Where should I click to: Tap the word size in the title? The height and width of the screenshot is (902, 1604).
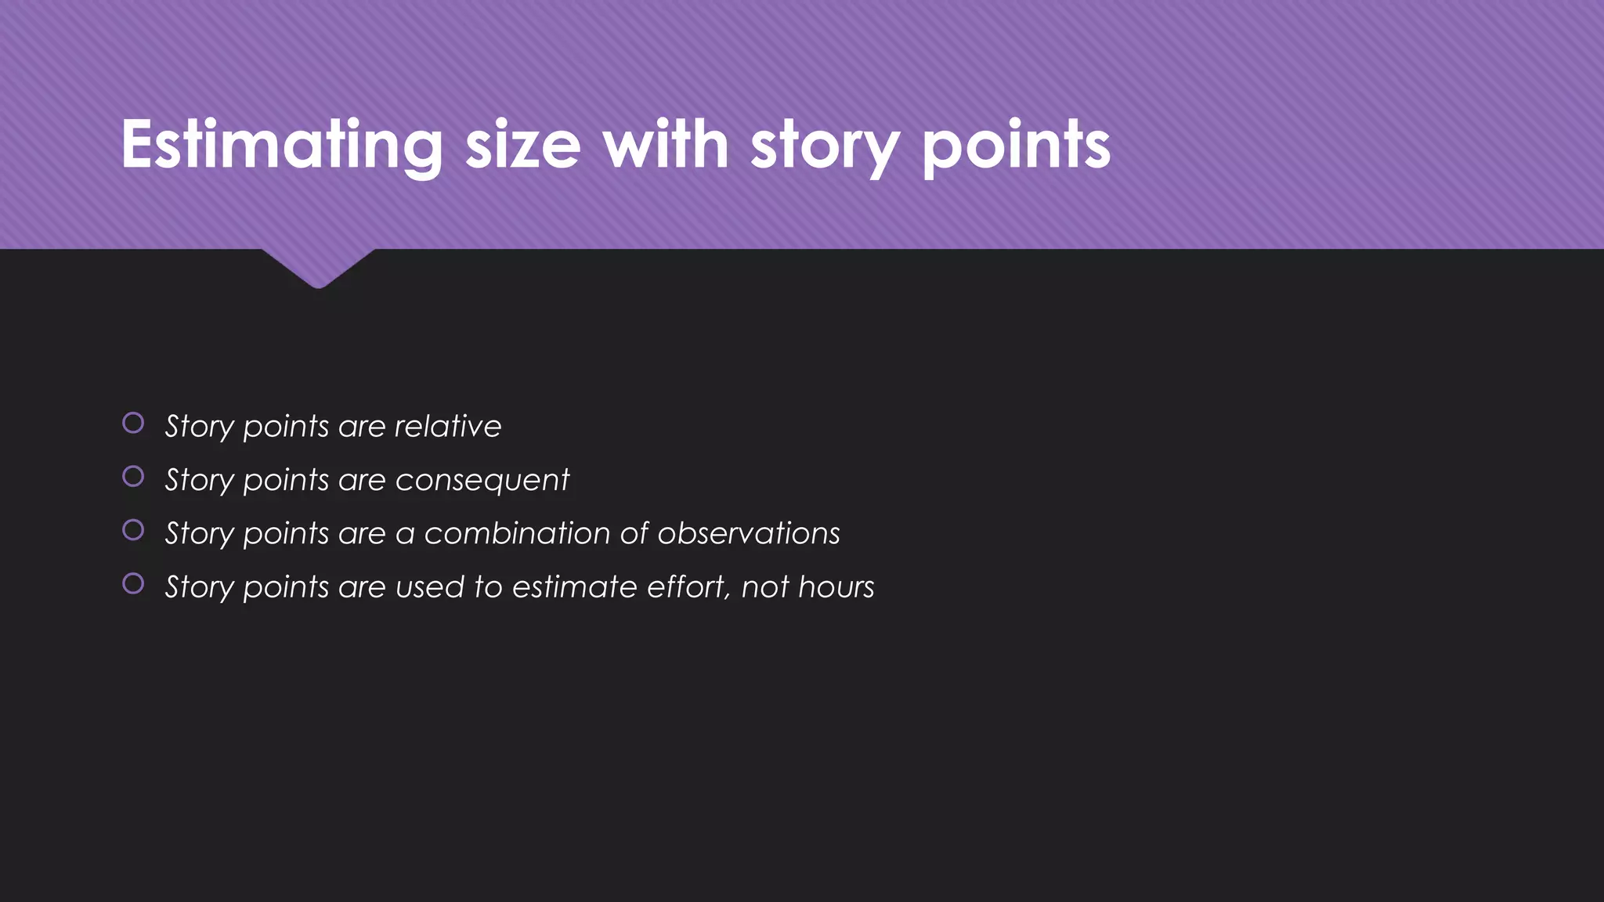[522, 145]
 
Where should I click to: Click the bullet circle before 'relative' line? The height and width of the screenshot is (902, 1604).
[133, 423]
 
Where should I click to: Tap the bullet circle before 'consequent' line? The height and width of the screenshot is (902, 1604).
[133, 476]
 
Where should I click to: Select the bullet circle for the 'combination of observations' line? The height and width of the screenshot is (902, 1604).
[133, 530]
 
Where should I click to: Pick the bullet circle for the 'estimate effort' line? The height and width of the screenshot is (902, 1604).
[133, 583]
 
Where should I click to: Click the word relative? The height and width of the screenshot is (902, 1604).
[447, 426]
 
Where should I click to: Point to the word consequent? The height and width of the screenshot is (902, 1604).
[482, 480]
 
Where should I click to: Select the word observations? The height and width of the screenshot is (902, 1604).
[749, 533]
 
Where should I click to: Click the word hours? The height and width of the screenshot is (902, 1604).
[836, 587]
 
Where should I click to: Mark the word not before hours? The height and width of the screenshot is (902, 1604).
[765, 587]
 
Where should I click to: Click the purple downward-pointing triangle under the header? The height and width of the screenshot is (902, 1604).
[318, 266]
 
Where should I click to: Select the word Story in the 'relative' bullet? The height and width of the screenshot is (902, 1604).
[200, 427]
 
